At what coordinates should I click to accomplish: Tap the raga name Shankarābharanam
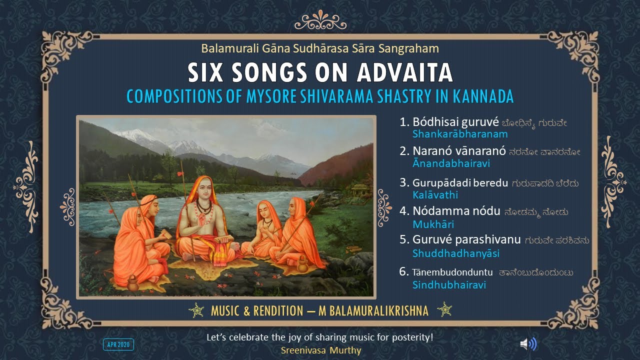coord(460,134)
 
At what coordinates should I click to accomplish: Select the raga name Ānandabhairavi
coord(451,163)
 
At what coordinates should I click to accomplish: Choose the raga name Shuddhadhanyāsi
coord(456,254)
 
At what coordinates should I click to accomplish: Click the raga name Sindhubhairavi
coord(449,285)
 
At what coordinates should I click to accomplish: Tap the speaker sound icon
coord(528,343)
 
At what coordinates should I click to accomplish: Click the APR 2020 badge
coord(118,344)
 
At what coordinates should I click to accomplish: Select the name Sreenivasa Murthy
coord(320,350)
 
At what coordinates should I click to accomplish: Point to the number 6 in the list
coord(404,271)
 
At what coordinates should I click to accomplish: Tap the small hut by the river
coord(361,190)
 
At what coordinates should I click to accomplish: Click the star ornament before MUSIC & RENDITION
coord(195,310)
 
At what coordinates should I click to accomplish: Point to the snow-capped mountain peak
coord(134,134)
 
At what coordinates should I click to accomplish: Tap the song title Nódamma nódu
coord(456,211)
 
